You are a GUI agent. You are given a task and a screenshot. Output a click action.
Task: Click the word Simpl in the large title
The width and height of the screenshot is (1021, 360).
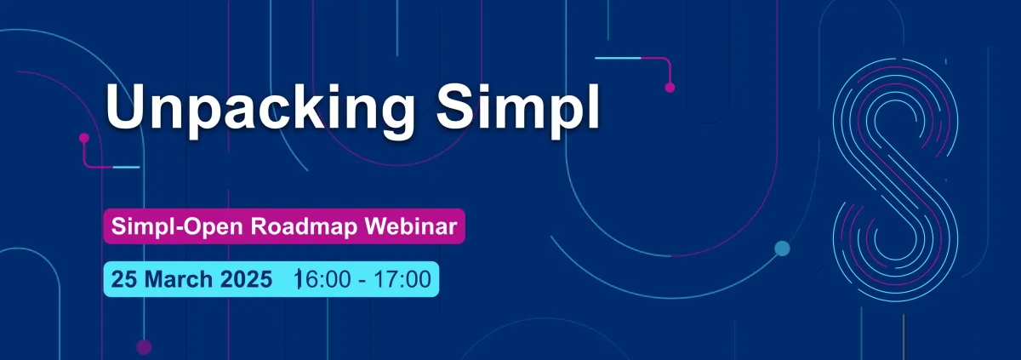[x=518, y=106]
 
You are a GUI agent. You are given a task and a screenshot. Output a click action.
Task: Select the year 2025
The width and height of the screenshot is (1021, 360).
[x=246, y=279]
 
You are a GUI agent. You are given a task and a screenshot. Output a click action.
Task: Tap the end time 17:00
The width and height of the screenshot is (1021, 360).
[x=402, y=279]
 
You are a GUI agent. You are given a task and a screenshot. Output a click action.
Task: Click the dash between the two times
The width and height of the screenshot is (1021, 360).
[x=362, y=281]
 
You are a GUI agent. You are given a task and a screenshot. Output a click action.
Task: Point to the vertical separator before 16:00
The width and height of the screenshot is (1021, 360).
[x=298, y=279]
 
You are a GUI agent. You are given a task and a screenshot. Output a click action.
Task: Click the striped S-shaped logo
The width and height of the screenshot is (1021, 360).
[x=896, y=180]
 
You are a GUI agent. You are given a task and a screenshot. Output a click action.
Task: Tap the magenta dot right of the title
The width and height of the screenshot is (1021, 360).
[x=670, y=88]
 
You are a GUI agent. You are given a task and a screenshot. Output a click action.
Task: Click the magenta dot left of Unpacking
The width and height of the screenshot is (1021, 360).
[x=84, y=138]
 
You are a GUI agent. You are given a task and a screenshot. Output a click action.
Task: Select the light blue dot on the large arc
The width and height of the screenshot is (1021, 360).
[x=782, y=249]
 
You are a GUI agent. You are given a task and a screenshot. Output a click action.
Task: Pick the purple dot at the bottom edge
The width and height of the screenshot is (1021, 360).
[x=144, y=347]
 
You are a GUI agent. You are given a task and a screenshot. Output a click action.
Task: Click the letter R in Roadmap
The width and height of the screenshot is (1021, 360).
[x=259, y=226]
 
